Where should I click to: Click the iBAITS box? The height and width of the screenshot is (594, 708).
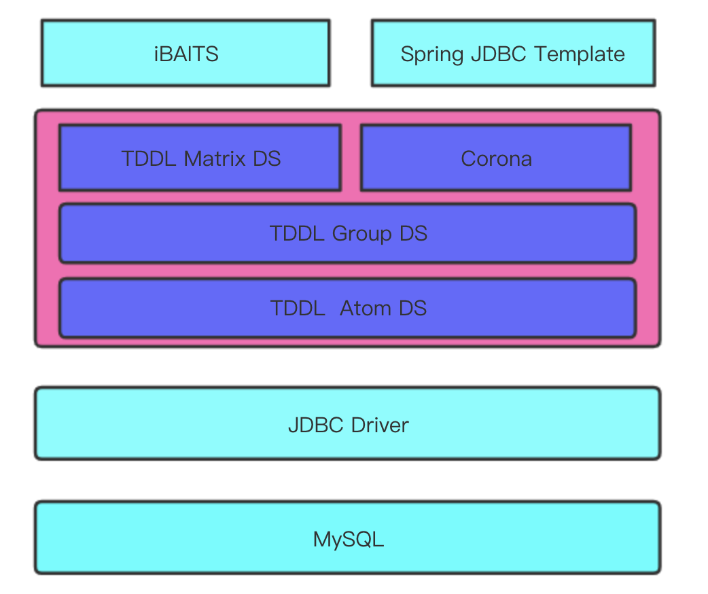(x=185, y=54)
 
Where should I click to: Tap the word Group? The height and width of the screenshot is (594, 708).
(x=362, y=234)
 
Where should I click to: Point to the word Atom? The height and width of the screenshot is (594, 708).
(x=366, y=309)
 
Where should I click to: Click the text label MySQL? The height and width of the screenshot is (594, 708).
(x=349, y=540)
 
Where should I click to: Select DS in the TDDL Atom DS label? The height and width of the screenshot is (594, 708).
(x=412, y=309)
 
